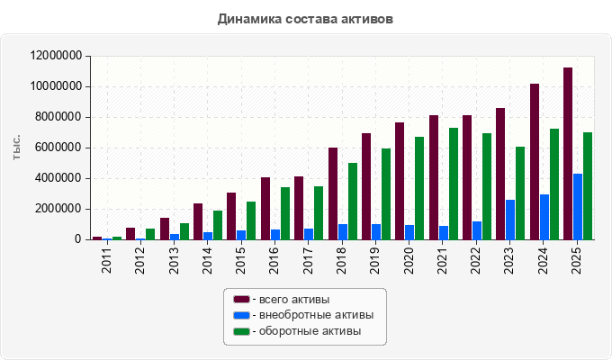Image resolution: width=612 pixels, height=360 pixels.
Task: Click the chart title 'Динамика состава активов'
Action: pyautogui.click(x=305, y=19)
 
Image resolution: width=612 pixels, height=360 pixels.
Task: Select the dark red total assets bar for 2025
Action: pyautogui.click(x=568, y=153)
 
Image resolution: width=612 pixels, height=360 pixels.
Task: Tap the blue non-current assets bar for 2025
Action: pyautogui.click(x=578, y=207)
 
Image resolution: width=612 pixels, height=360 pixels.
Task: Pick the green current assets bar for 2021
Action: pyautogui.click(x=454, y=184)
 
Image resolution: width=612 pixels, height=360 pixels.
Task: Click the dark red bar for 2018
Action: pyautogui.click(x=333, y=193)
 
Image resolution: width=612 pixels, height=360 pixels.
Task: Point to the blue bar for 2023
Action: pyautogui.click(x=510, y=220)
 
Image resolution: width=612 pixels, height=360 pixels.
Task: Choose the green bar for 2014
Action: pyautogui.click(x=218, y=225)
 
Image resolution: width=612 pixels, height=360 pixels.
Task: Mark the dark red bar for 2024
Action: pyautogui.click(x=535, y=162)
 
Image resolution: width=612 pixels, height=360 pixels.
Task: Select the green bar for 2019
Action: pyautogui.click(x=386, y=194)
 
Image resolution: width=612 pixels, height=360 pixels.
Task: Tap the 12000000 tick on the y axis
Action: pyautogui.click(x=56, y=56)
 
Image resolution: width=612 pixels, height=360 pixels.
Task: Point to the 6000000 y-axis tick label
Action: pyautogui.click(x=58, y=148)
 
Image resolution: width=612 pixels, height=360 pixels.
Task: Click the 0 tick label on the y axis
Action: pyautogui.click(x=77, y=239)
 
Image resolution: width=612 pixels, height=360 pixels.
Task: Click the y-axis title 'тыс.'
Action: pyautogui.click(x=16, y=148)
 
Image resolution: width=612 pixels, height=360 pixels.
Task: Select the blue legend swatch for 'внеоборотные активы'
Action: pyautogui.click(x=241, y=315)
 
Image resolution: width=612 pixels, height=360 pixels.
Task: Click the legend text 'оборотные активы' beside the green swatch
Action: pyautogui.click(x=310, y=331)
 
